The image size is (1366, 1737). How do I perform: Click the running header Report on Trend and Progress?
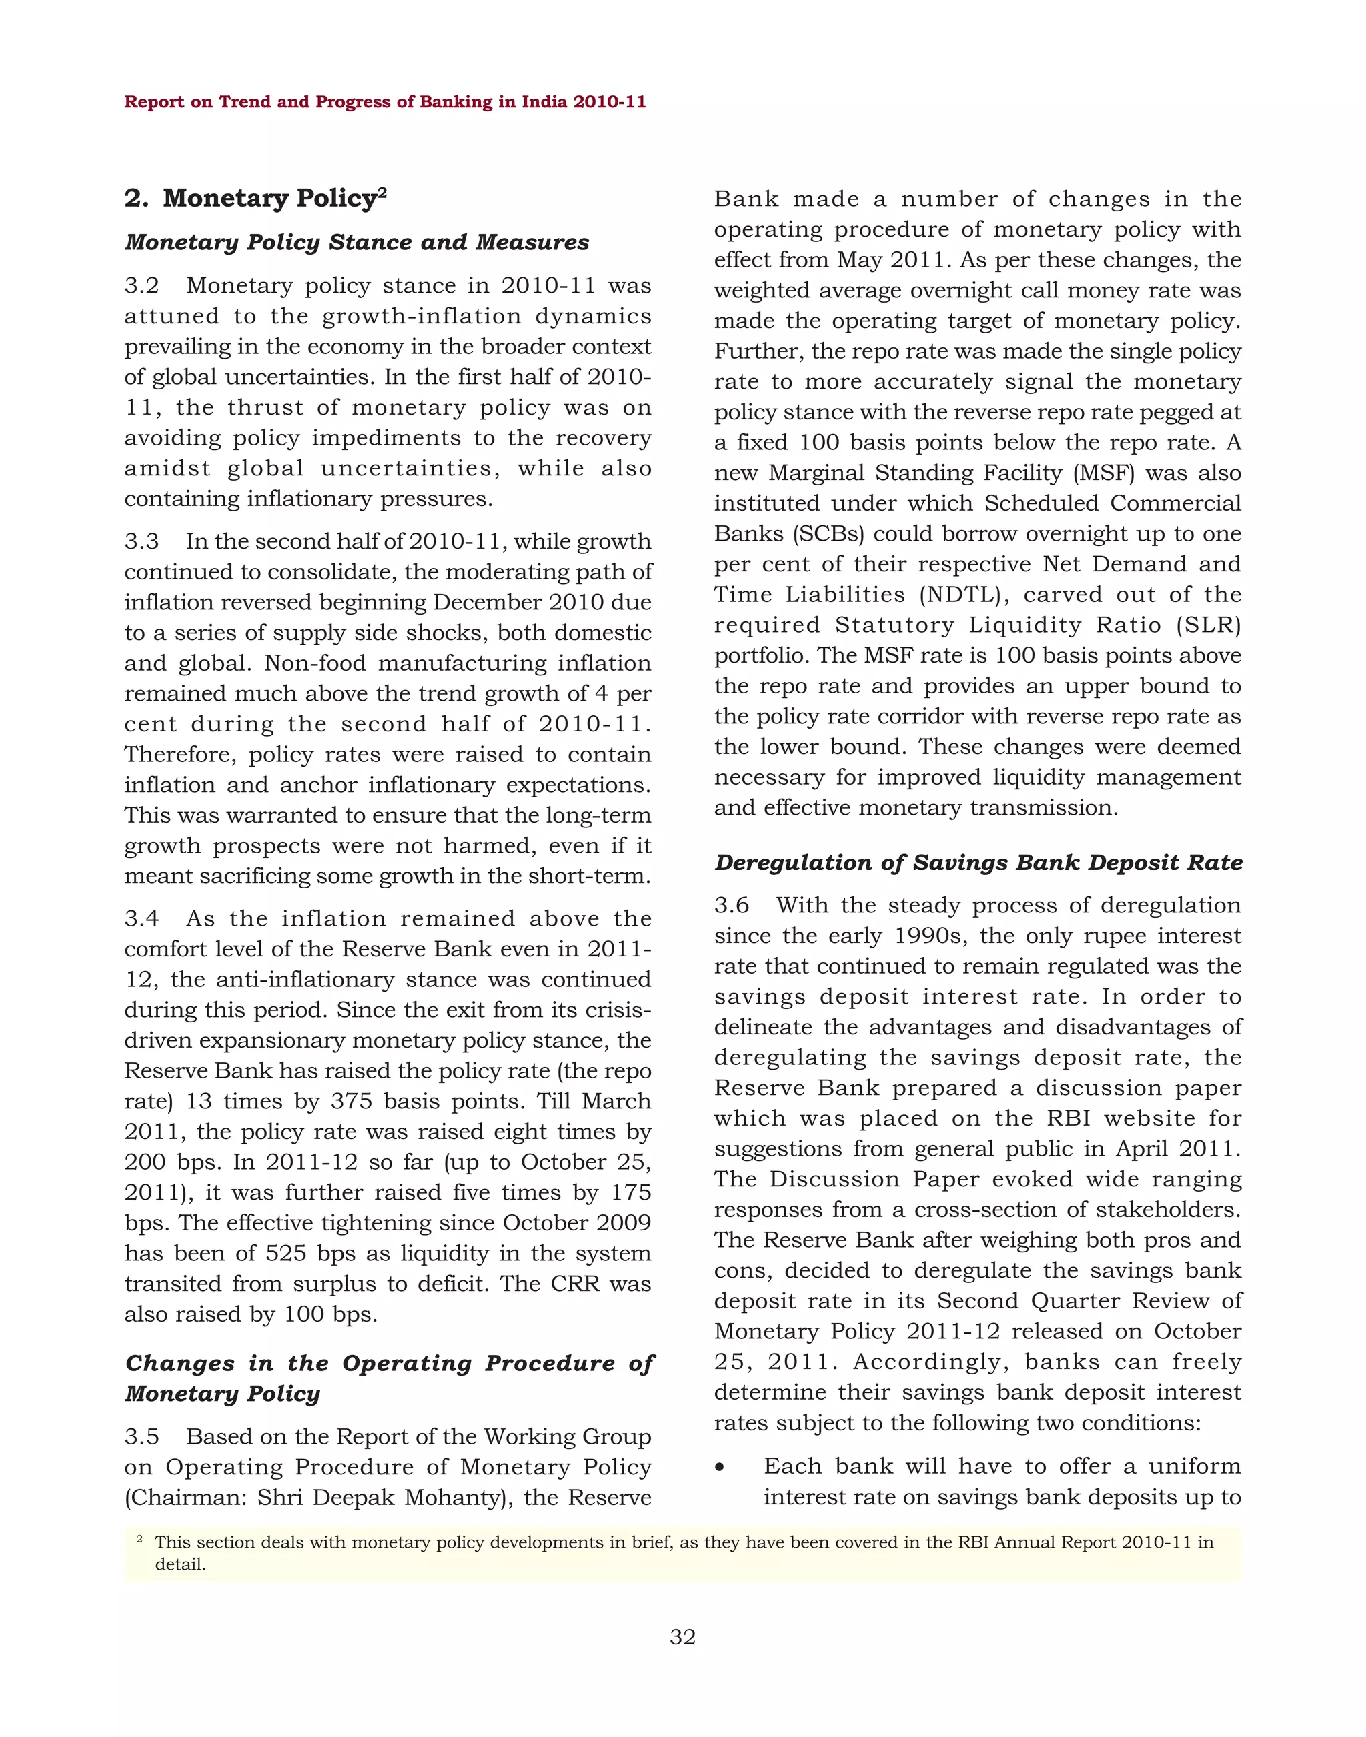point(385,103)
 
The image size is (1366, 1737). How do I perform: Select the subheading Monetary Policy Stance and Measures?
point(357,242)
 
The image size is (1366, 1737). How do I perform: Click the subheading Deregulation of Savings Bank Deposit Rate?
point(978,863)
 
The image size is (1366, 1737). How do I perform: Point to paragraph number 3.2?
point(141,286)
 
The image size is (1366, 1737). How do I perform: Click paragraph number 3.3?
point(141,542)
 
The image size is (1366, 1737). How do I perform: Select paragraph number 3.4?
point(141,919)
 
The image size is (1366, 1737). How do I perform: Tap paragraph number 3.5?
point(141,1437)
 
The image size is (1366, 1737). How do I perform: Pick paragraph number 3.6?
point(732,906)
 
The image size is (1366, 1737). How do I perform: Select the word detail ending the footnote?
point(180,1565)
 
